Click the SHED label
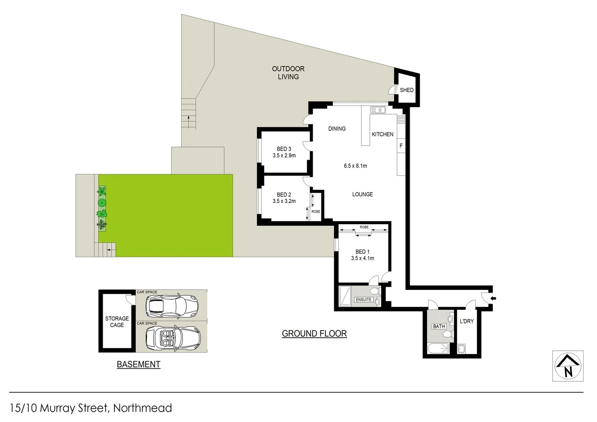pos(406,90)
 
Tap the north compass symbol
pos(568,366)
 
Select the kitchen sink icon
pos(378,110)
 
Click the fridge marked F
pos(401,146)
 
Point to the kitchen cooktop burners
pos(401,119)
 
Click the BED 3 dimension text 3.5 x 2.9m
pos(284,156)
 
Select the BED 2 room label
pos(284,195)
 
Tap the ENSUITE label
pos(363,300)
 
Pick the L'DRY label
pos(467,321)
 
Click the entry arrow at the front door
pos(493,299)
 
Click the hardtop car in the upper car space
pos(172,305)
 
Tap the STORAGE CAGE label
pos(117,322)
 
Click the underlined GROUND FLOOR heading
pos(314,334)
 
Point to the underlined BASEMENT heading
pos(138,364)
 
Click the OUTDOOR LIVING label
pos(288,73)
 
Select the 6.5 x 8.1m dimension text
pos(355,166)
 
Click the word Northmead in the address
pos(143,408)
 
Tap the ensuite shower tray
pos(345,296)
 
